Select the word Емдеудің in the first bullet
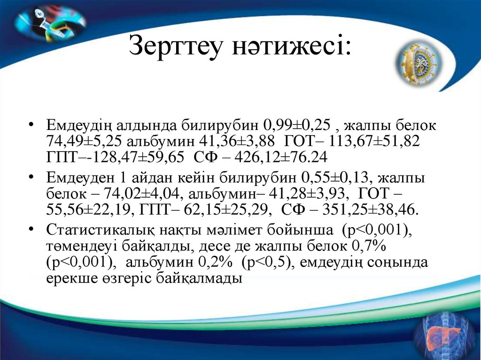click(x=79, y=126)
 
